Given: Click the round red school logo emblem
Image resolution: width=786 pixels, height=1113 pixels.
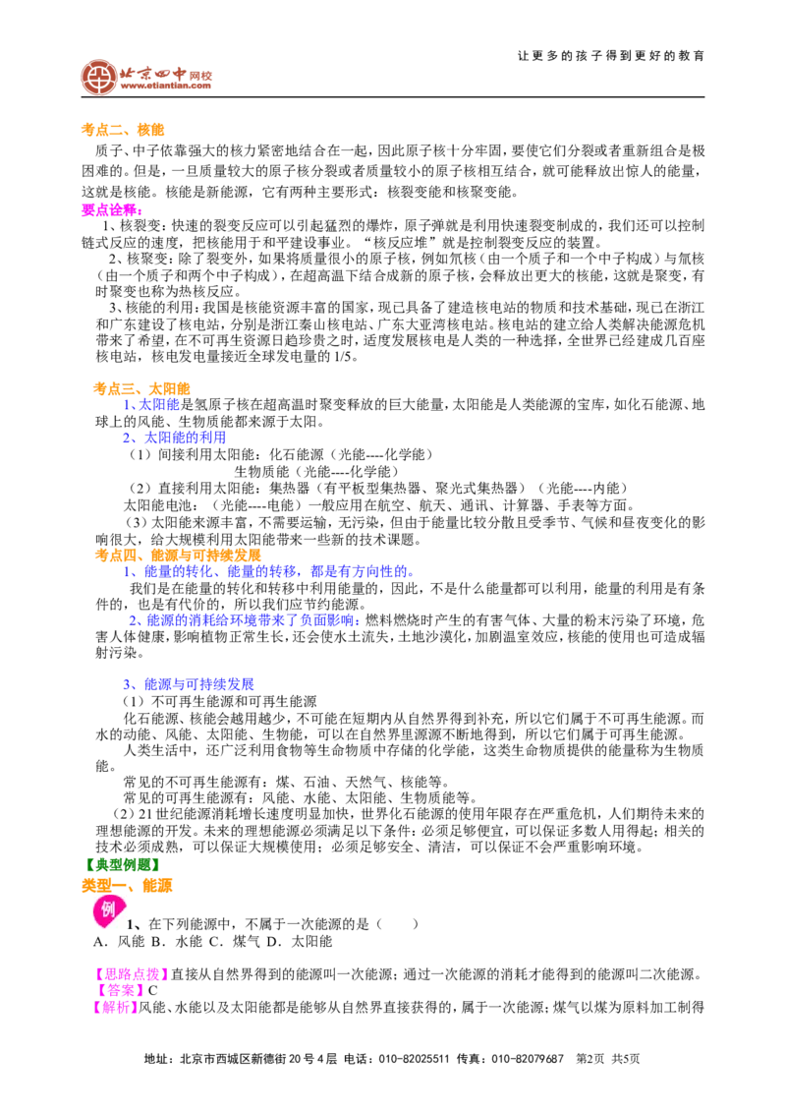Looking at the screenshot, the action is tap(98, 77).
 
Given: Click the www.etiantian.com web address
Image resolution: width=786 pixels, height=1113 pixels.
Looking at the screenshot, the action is tap(166, 86).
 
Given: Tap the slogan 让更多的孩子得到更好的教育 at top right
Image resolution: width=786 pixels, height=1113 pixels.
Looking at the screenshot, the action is tap(611, 55).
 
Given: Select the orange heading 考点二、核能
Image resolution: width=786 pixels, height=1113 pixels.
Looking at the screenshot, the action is tap(123, 129).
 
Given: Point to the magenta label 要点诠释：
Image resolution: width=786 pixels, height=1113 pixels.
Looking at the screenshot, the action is tap(112, 210).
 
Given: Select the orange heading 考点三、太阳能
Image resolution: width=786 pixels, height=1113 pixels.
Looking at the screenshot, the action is tap(141, 388).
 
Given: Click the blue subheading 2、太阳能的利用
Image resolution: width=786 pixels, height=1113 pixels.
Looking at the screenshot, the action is tap(175, 438).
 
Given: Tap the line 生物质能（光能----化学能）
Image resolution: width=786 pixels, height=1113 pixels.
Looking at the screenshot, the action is tap(316, 471).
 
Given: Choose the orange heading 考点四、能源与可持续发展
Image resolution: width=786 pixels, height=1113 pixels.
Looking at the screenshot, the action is tap(178, 556).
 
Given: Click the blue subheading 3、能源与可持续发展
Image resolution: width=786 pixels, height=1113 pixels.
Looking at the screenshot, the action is tap(188, 684).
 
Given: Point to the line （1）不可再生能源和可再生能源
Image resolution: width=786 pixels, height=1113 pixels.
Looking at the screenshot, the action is tap(220, 701).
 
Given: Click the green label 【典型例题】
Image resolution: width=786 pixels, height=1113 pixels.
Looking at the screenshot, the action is tap(121, 864).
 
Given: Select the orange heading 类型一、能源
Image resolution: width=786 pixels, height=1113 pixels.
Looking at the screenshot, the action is tap(127, 886).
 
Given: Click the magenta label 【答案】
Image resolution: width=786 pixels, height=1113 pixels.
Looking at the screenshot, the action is tap(119, 991).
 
